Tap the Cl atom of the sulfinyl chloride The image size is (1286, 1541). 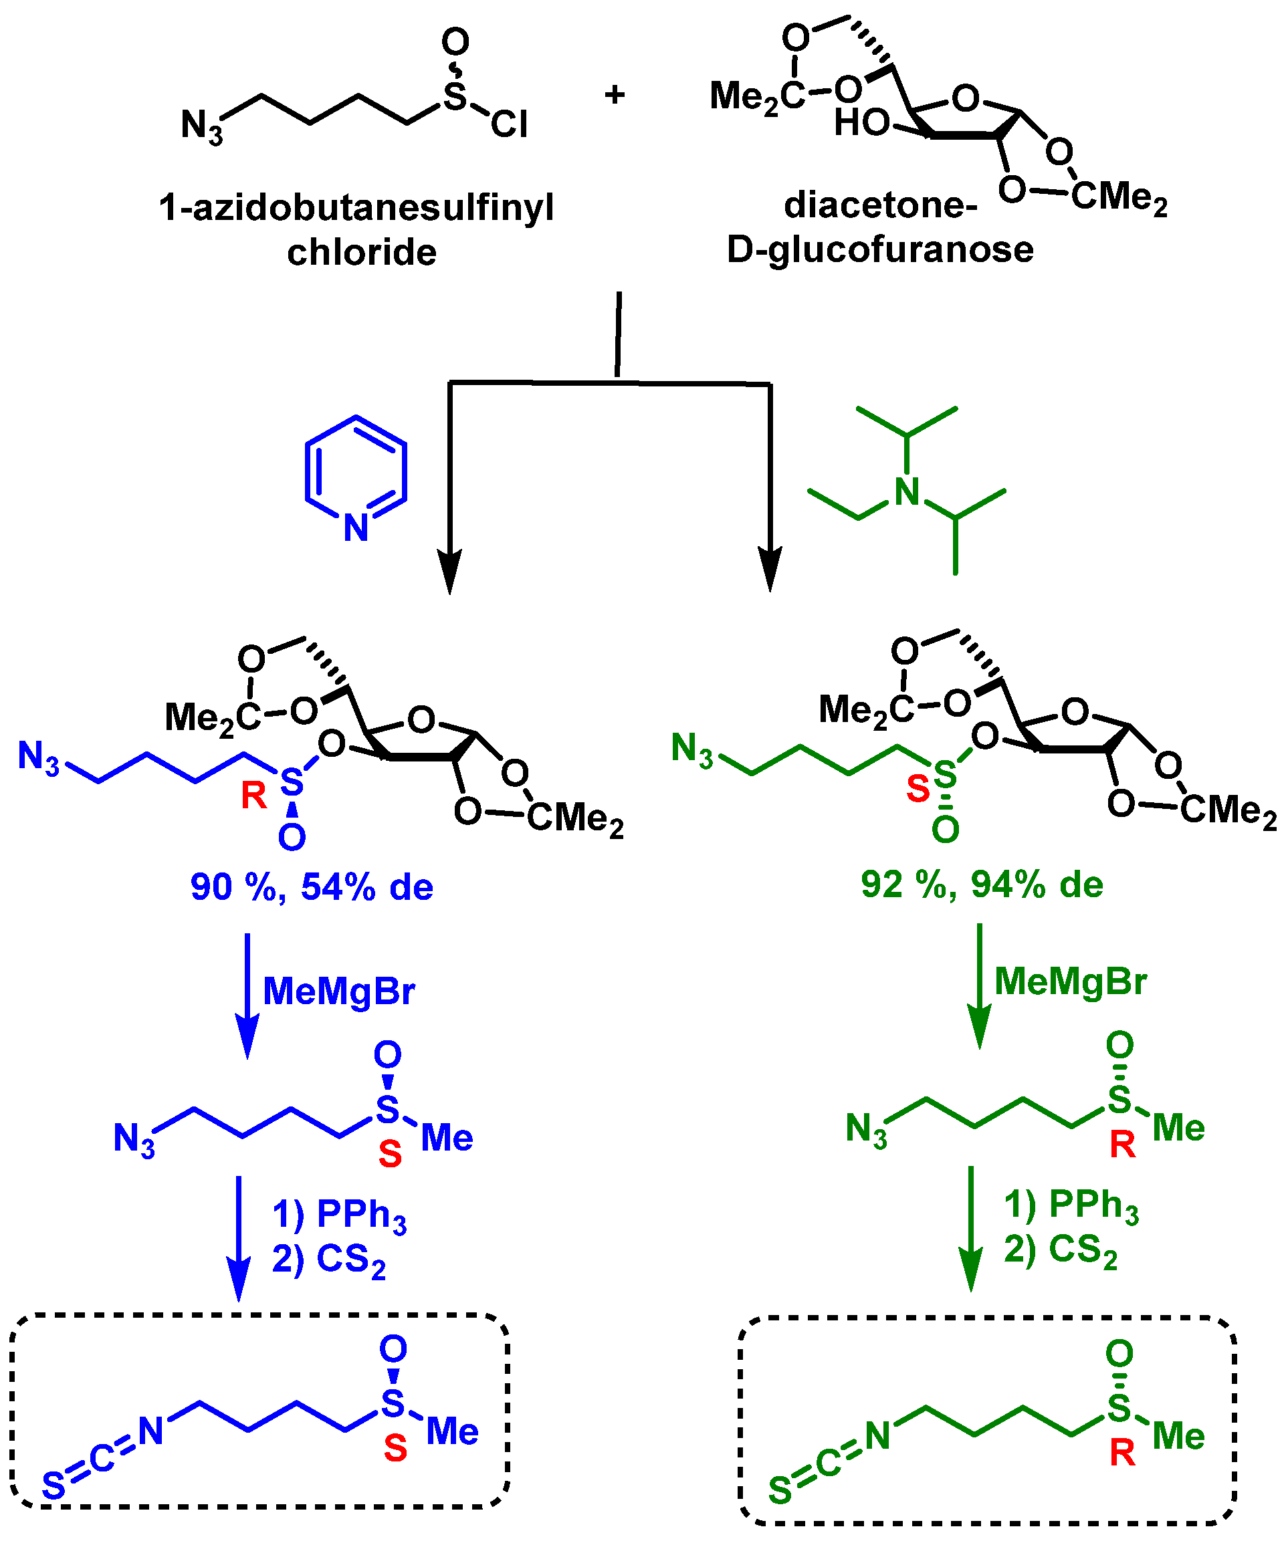509,125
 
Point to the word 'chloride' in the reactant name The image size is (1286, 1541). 362,253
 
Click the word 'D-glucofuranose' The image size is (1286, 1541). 879,250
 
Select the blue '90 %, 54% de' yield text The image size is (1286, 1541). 312,887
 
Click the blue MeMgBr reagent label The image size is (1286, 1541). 339,991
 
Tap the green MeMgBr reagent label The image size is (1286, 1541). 1070,981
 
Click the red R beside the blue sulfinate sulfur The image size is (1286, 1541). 254,796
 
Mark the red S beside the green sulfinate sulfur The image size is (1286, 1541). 918,790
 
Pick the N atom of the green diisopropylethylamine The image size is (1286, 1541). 907,493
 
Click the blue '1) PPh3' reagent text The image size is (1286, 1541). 339,1215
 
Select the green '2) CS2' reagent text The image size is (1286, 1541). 1061,1250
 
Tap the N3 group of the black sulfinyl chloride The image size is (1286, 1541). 201,126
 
